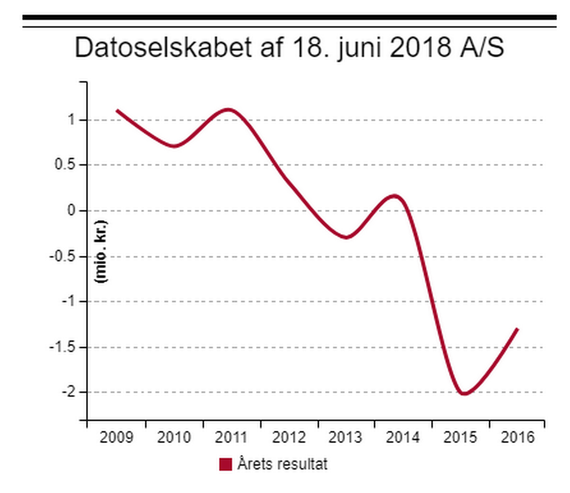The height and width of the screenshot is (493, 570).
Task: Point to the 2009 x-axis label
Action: (x=116, y=438)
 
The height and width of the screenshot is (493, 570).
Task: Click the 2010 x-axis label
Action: (x=174, y=438)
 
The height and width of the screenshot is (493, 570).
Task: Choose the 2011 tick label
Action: (x=232, y=438)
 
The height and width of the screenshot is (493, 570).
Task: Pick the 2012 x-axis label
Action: (x=289, y=438)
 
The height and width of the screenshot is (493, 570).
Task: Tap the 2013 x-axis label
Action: (x=346, y=438)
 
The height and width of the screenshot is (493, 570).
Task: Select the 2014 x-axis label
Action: (x=403, y=438)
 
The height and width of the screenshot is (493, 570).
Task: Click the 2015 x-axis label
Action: (x=461, y=438)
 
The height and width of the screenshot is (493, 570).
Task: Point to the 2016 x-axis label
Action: (x=518, y=438)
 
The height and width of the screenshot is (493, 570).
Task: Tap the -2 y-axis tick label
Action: (x=70, y=392)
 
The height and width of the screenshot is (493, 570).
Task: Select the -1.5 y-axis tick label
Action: (x=64, y=347)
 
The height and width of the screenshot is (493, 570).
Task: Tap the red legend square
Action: (x=226, y=464)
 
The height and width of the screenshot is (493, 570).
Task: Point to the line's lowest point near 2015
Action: (x=464, y=394)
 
